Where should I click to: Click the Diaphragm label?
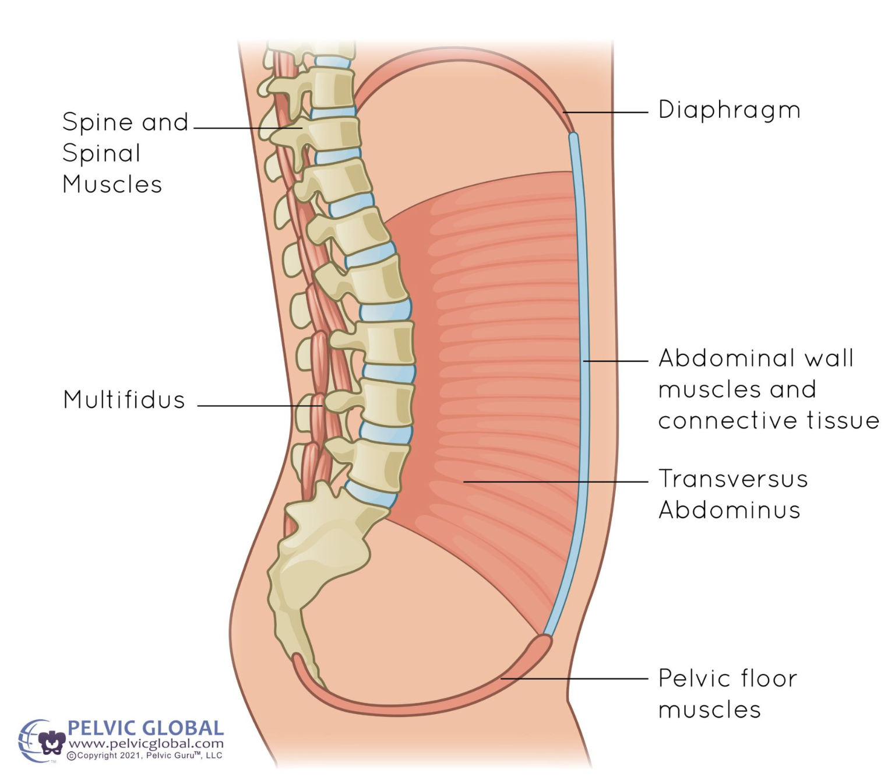tap(729, 110)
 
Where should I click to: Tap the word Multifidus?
tap(124, 400)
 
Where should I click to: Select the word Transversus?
tap(733, 479)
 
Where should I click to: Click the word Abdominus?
tap(729, 510)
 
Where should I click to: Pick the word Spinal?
tap(101, 153)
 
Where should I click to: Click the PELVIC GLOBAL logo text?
tap(146, 729)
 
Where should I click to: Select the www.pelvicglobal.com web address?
tap(146, 744)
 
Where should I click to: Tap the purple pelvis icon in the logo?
tap(52, 742)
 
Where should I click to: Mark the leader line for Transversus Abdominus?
tap(554, 482)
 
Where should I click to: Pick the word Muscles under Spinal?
tap(112, 184)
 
